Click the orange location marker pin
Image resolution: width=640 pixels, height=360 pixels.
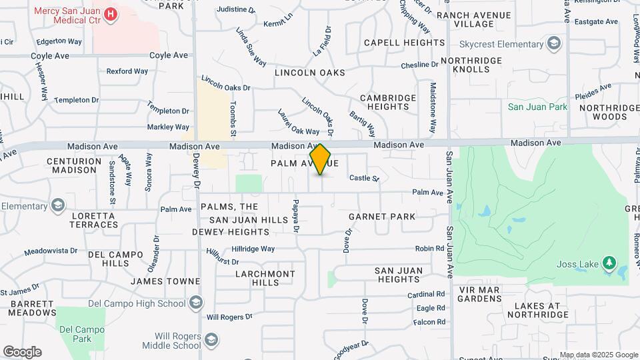[321, 159]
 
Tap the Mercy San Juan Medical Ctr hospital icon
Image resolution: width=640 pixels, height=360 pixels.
[111, 12]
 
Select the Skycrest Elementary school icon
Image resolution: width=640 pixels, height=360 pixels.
[553, 45]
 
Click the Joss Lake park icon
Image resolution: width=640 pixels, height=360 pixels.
[608, 263]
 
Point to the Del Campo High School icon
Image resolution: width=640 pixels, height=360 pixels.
[195, 304]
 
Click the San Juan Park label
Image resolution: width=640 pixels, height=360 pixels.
[537, 107]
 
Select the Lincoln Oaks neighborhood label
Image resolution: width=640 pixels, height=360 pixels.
[309, 72]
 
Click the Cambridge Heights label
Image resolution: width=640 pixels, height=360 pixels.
[388, 102]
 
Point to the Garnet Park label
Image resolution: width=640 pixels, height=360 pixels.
[382, 217]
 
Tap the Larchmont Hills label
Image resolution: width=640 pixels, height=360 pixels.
[265, 278]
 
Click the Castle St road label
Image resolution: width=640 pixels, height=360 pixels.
[364, 179]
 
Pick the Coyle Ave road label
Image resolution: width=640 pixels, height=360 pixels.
[169, 55]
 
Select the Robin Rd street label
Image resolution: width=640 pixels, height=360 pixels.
[429, 248]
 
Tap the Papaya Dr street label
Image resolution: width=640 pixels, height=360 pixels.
[295, 216]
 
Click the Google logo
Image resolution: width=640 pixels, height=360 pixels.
[22, 352]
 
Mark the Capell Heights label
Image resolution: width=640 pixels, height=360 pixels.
[404, 43]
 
